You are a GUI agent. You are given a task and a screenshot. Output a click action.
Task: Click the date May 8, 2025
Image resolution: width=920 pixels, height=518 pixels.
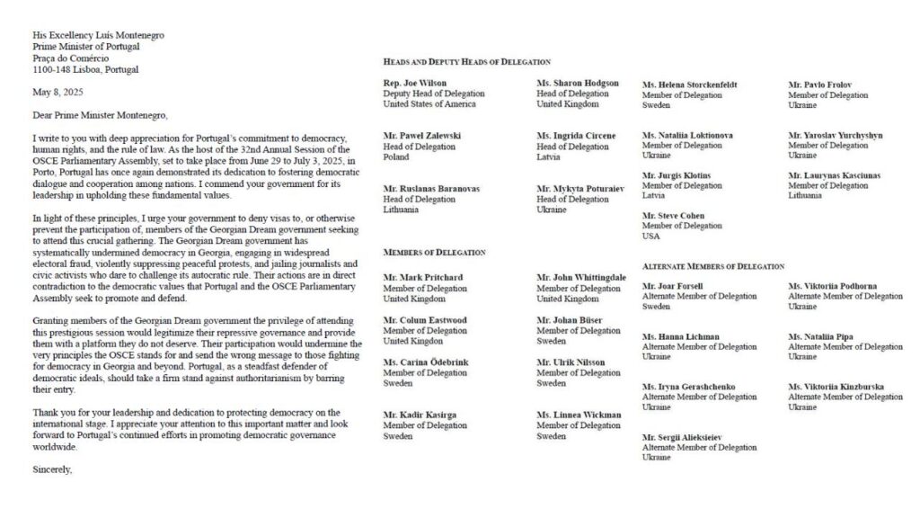coord(56,92)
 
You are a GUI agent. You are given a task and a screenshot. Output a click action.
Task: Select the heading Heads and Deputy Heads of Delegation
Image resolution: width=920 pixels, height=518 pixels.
coord(466,61)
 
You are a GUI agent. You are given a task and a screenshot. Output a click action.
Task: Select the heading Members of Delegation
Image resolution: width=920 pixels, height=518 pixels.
coord(434,254)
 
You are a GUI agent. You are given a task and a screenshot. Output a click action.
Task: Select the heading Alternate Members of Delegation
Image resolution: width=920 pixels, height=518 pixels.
coord(713,266)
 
